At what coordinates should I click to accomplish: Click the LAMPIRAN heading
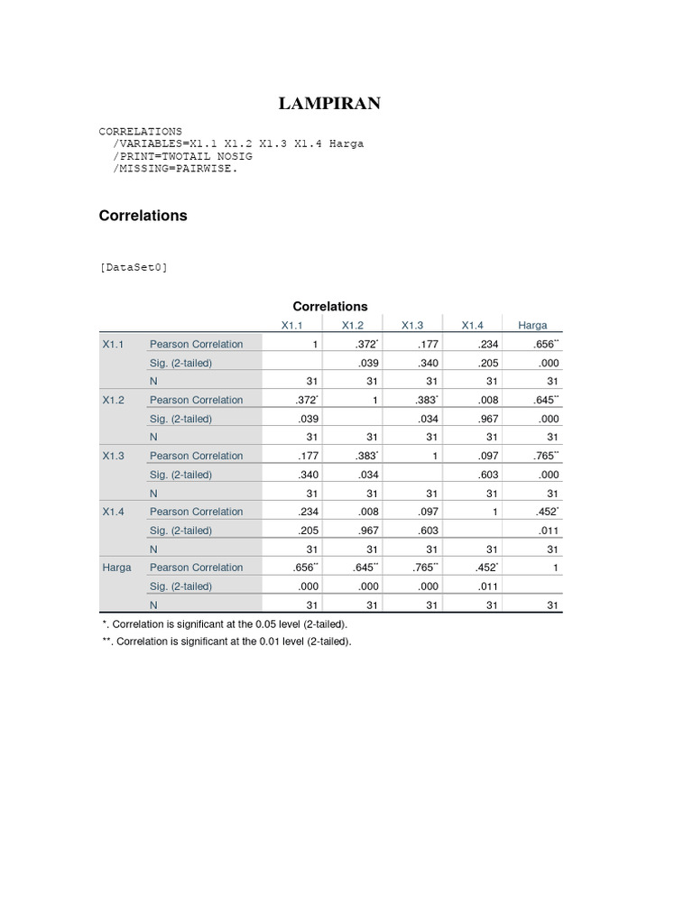click(x=329, y=104)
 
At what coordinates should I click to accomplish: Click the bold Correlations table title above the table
click(x=329, y=306)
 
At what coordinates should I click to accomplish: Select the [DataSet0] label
click(x=134, y=266)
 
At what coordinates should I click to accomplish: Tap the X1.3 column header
click(x=412, y=325)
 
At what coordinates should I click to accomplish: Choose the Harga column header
click(x=532, y=325)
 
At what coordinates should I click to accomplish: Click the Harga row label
click(x=116, y=568)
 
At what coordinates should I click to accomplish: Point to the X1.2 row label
click(x=113, y=400)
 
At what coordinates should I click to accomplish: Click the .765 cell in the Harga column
click(x=544, y=456)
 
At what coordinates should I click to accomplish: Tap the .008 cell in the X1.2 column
click(x=366, y=512)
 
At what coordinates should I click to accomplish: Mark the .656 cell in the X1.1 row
click(x=544, y=344)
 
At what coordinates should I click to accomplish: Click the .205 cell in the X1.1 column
click(x=308, y=531)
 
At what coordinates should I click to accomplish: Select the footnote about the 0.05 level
click(x=225, y=624)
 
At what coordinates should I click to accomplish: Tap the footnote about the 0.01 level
click(x=226, y=642)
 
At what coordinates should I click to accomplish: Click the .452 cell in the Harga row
click(x=485, y=568)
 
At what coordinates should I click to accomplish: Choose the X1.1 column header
click(x=292, y=325)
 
